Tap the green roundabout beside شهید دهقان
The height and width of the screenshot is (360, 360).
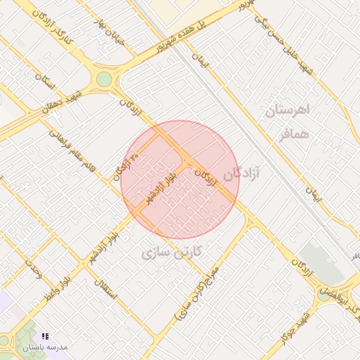pyautogui.click(x=104, y=79)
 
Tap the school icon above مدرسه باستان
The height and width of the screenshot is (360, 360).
pyautogui.click(x=46, y=337)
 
